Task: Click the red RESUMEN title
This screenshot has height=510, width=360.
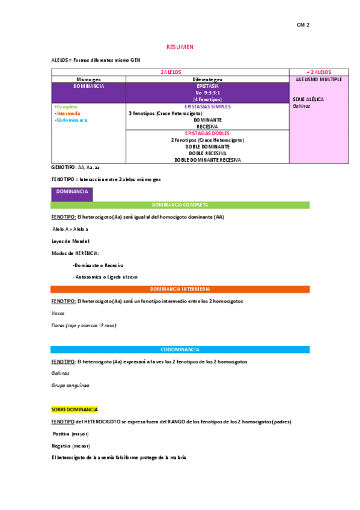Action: click(180, 48)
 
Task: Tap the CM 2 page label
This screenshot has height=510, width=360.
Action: click(303, 25)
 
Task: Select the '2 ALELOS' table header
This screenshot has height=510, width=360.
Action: click(170, 72)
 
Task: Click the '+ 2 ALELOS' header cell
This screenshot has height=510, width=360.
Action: click(319, 72)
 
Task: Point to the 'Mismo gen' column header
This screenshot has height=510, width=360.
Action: click(88, 79)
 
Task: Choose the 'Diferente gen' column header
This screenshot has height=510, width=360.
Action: click(207, 79)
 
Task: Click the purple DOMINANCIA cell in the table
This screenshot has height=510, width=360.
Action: click(88, 86)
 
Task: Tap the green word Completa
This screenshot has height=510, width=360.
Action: click(66, 106)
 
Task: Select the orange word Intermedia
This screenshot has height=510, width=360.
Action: click(67, 113)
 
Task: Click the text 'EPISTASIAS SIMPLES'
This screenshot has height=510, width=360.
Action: click(207, 106)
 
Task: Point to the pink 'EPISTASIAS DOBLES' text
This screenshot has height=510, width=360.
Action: click(207, 133)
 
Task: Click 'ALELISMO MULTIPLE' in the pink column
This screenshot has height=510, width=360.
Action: click(319, 79)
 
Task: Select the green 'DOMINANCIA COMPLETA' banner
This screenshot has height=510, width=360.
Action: click(180, 205)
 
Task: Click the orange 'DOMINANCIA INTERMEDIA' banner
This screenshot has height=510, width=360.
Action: click(180, 289)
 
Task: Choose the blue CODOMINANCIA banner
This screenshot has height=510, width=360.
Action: click(180, 349)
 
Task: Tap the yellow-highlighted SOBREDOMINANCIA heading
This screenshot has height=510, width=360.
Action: click(75, 410)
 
